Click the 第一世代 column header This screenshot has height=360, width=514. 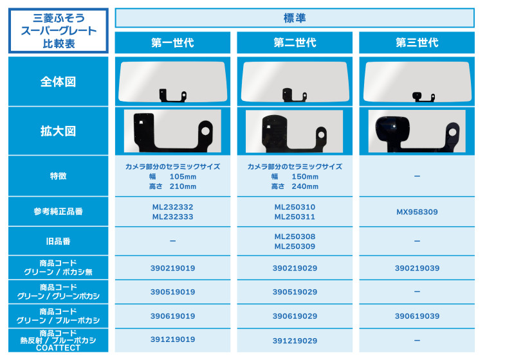(x=172, y=42)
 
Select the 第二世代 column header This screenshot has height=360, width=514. (x=295, y=42)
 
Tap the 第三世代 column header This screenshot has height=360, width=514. (x=417, y=42)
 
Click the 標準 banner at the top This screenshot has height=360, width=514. (x=295, y=18)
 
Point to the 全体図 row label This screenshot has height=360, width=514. (x=58, y=82)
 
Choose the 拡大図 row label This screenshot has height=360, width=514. (x=58, y=131)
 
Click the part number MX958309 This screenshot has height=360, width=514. (x=417, y=212)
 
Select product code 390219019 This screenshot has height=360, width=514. (x=173, y=268)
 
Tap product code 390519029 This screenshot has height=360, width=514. (x=295, y=292)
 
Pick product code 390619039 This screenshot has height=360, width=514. (x=417, y=316)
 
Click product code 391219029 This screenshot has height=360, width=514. (x=295, y=341)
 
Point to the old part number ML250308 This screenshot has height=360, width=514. (x=295, y=237)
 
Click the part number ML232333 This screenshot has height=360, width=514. (x=173, y=217)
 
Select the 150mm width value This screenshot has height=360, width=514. (x=305, y=177)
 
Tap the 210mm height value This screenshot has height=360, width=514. (x=183, y=186)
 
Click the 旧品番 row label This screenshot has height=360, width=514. (x=58, y=242)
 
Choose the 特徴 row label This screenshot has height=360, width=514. (x=58, y=176)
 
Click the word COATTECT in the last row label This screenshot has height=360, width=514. (x=58, y=348)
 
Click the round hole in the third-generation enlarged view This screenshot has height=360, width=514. (x=452, y=132)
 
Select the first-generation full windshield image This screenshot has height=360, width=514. (x=172, y=82)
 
